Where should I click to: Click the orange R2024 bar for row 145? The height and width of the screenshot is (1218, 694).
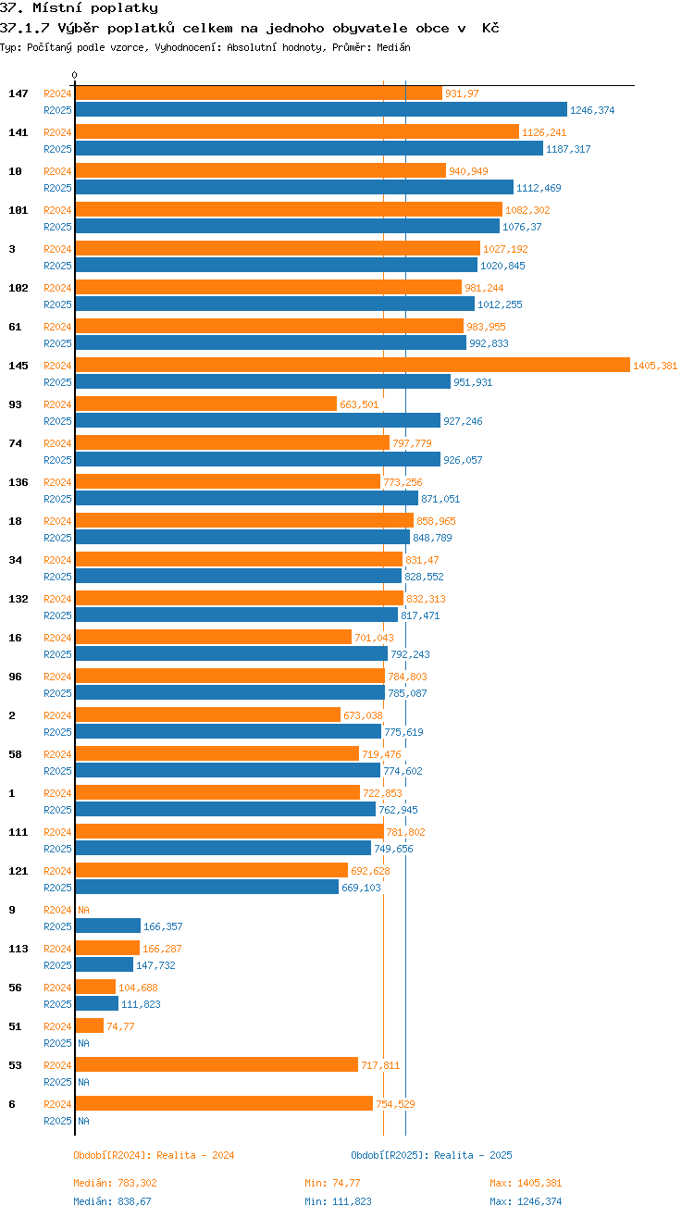[352, 366]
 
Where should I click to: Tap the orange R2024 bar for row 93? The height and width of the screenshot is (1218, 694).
[205, 404]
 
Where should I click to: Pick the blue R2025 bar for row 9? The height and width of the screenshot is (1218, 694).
[107, 926]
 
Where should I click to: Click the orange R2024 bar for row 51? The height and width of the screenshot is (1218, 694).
[89, 1026]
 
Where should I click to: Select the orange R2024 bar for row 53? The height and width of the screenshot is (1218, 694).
[217, 1065]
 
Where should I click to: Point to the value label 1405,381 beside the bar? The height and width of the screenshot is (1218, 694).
[655, 366]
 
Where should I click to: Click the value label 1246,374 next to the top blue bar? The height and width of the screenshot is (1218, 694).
[592, 110]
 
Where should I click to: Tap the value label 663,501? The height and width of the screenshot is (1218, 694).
[359, 404]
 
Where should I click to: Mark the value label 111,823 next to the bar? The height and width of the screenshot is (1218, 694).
[141, 1004]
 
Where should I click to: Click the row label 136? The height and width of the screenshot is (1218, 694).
[19, 482]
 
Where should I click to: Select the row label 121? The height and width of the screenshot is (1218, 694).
[19, 871]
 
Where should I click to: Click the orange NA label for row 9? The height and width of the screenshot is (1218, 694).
[83, 910]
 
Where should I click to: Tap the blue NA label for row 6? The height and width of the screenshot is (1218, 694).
[83, 1121]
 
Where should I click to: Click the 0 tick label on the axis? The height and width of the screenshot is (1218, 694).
[75, 76]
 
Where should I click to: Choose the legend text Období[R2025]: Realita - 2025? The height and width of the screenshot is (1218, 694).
[431, 1155]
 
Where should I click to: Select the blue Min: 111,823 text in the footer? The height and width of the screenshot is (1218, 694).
[338, 1201]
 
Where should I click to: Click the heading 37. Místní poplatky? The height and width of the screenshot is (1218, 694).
[79, 8]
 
